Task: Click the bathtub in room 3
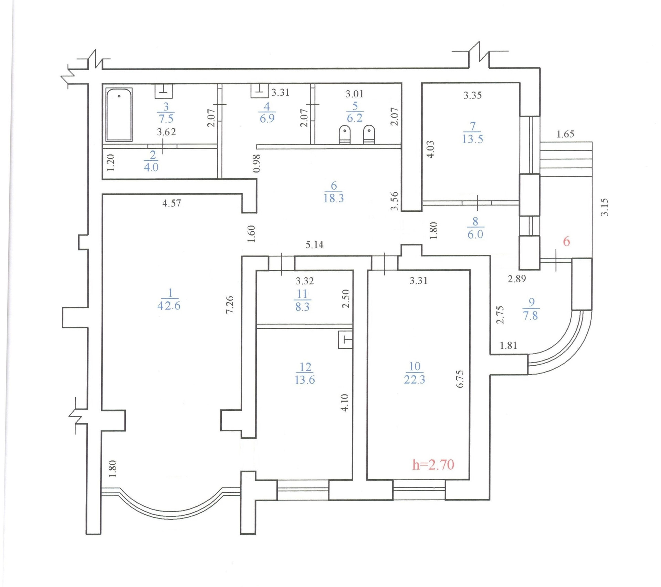pyautogui.click(x=119, y=115)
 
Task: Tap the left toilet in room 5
pyautogui.click(x=345, y=135)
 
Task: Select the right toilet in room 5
pyautogui.click(x=369, y=135)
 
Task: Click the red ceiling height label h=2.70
pyautogui.click(x=433, y=465)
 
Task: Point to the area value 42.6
pyautogui.click(x=169, y=306)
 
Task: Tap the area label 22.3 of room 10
pyautogui.click(x=415, y=380)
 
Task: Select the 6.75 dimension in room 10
pyautogui.click(x=460, y=379)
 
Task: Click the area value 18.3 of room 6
pyautogui.click(x=333, y=198)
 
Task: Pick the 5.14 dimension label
pyautogui.click(x=315, y=245)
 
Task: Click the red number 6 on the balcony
pyautogui.click(x=566, y=241)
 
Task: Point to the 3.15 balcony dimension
pyautogui.click(x=605, y=207)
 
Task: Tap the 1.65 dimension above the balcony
pyautogui.click(x=565, y=134)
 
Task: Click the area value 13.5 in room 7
pyautogui.click(x=472, y=139)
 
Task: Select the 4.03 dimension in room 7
pyautogui.click(x=431, y=149)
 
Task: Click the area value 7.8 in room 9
pyautogui.click(x=530, y=315)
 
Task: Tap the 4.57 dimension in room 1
pyautogui.click(x=171, y=203)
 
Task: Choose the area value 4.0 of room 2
pyautogui.click(x=151, y=168)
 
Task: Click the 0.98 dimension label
pyautogui.click(x=257, y=163)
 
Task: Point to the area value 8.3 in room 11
pyautogui.click(x=302, y=307)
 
